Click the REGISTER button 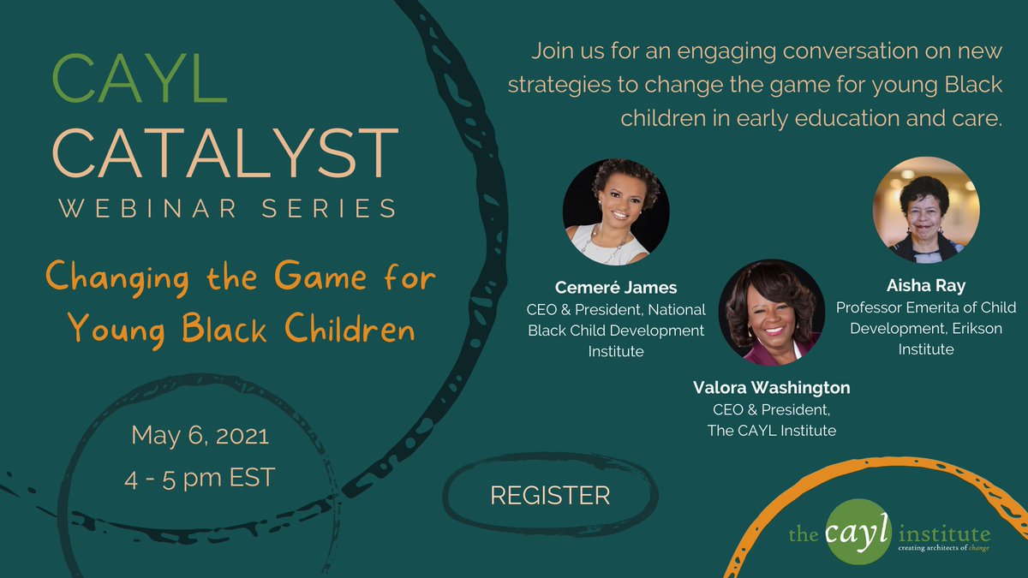(549, 495)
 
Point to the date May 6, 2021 (200, 436)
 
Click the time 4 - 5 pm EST (200, 478)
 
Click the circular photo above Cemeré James (615, 212)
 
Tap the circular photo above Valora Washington (772, 313)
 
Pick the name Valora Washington (771, 388)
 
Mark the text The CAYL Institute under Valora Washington (771, 431)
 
